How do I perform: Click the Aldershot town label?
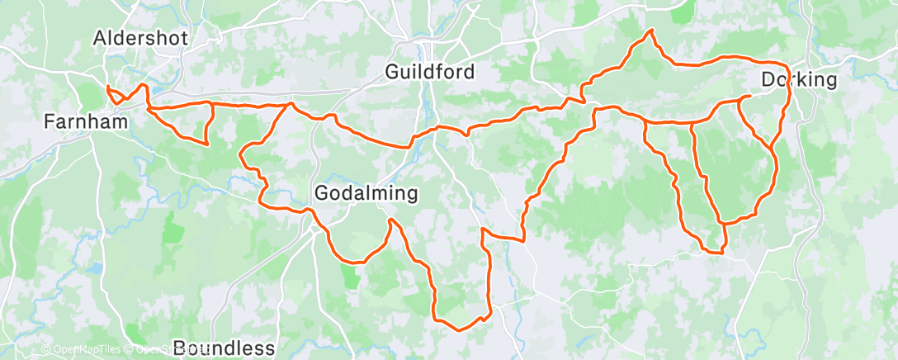[x=141, y=37]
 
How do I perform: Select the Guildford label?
[x=429, y=72]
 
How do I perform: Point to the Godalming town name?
[x=366, y=193]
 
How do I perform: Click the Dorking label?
[x=798, y=80]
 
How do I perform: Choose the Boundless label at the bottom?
[x=224, y=348]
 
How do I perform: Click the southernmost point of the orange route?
[x=459, y=329]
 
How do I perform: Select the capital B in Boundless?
[x=181, y=348]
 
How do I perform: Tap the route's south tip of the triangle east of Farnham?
[x=205, y=144]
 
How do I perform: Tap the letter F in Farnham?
[x=49, y=122]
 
